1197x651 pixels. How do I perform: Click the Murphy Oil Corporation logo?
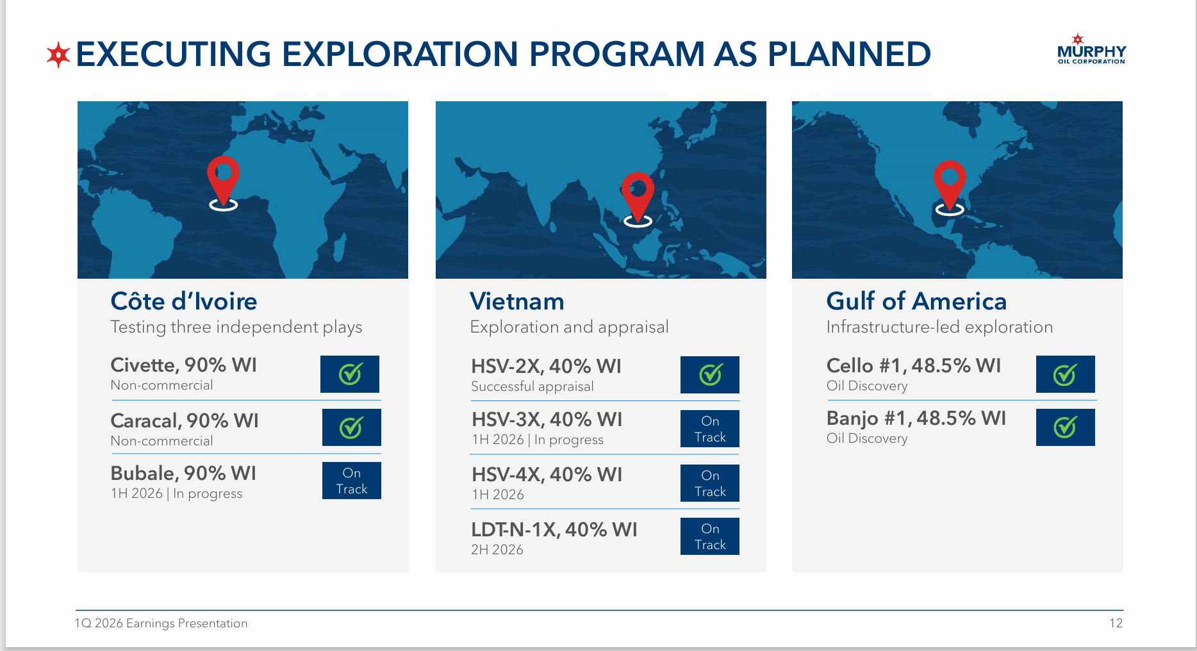[1091, 49]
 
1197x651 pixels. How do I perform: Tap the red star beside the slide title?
[58, 55]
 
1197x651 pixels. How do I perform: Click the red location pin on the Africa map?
[223, 183]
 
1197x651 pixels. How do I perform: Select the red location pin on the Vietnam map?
[638, 199]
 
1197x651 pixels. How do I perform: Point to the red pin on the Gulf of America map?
[949, 187]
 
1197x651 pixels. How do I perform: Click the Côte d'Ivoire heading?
[184, 301]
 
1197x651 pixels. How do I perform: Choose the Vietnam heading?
[517, 301]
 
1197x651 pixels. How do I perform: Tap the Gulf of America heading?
[916, 301]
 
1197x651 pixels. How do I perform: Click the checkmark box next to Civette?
[350, 374]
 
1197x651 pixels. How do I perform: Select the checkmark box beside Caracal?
[352, 427]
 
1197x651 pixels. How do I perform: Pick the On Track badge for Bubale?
[352, 481]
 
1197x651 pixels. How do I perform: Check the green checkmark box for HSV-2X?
[710, 375]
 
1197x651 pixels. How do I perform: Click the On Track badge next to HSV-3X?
[710, 429]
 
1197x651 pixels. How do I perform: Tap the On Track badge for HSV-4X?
[710, 483]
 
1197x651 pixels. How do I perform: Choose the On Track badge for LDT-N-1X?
[710, 536]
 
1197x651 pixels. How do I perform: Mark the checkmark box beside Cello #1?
[1066, 374]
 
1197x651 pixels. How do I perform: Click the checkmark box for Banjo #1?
[1066, 427]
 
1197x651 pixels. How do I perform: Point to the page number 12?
[1116, 623]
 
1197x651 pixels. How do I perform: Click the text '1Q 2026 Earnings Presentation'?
[161, 623]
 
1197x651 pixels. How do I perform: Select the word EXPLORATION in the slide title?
[400, 54]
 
